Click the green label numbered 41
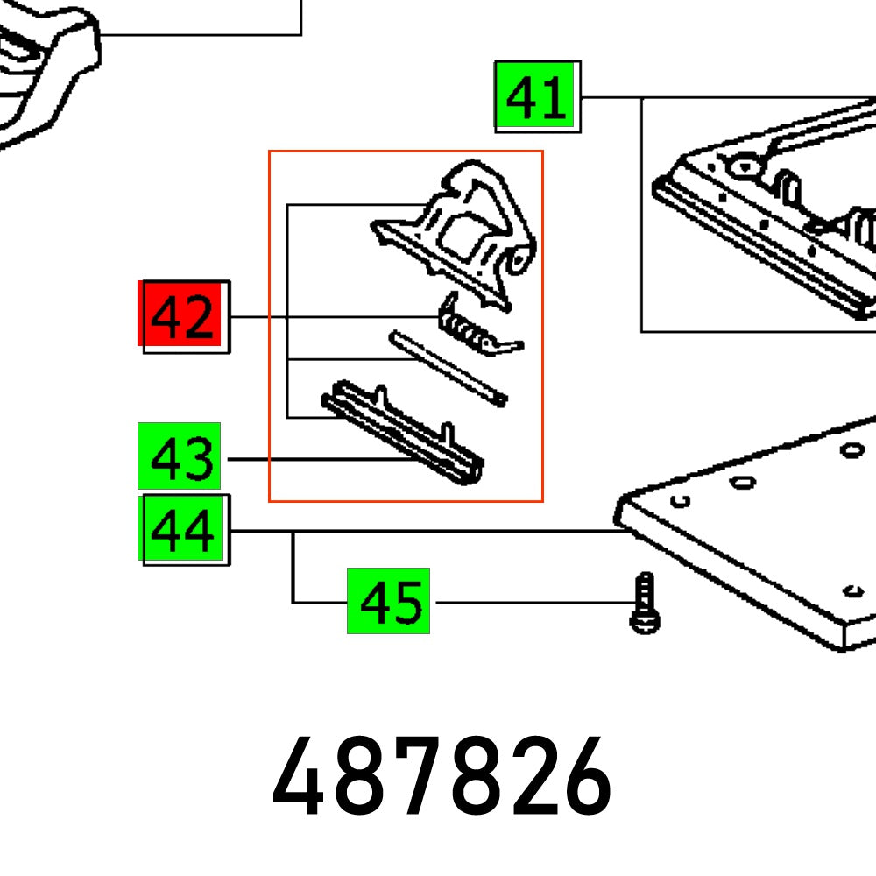(536, 96)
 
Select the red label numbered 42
(184, 316)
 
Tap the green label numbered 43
(180, 456)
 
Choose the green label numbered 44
(183, 529)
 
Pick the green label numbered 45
(388, 601)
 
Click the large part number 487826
(441, 777)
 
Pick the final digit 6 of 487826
(582, 777)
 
